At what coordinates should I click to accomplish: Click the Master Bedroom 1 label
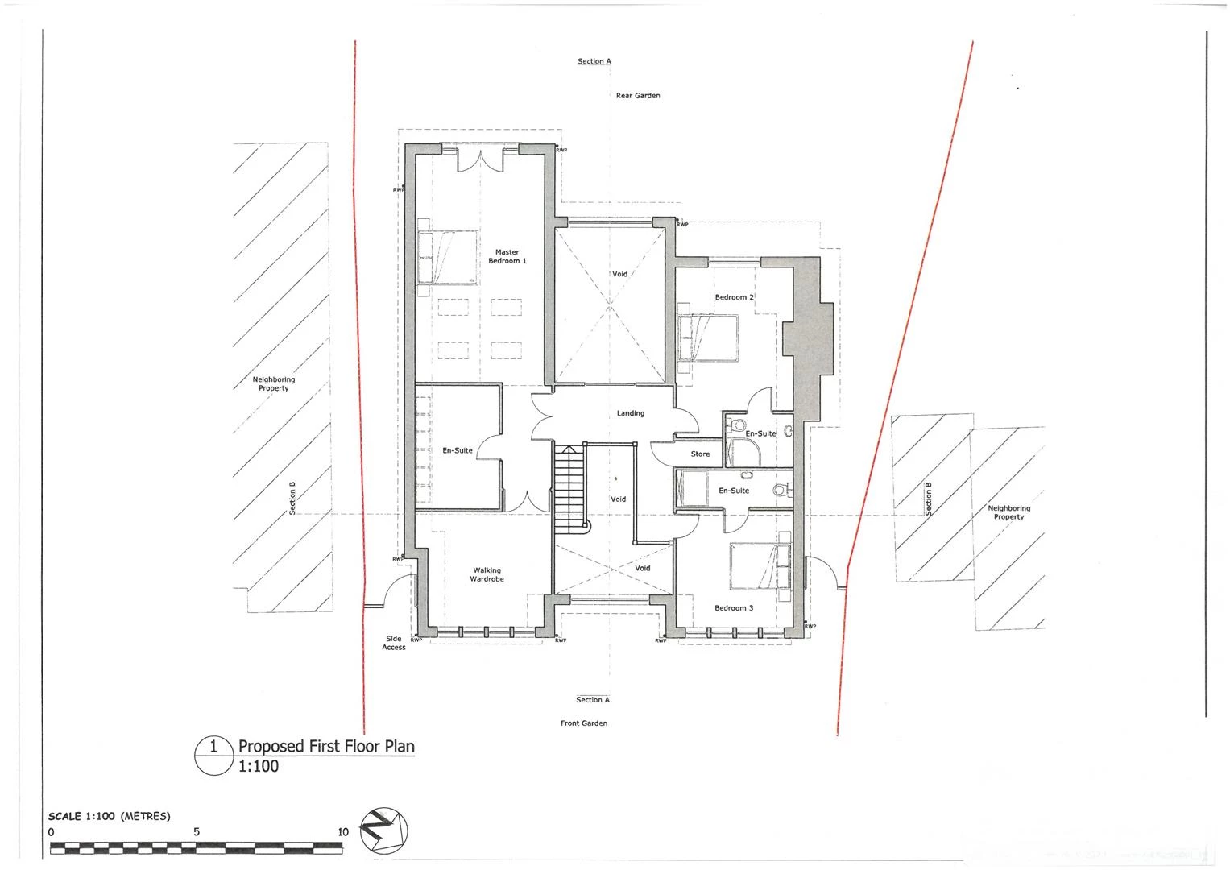coord(507,257)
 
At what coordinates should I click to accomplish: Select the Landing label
coord(631,413)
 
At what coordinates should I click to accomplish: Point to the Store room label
coord(700,454)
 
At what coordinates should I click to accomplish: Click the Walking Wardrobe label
coord(487,575)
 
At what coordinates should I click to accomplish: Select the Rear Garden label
coord(638,96)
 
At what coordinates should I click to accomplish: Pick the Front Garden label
coord(584,723)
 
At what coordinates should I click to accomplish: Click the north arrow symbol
coord(384,830)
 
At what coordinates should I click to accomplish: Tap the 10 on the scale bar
coord(343,832)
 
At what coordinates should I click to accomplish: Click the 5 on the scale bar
coord(197,832)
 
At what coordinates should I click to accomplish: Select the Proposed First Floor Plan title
coord(326,746)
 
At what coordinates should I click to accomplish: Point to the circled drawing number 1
coord(213,747)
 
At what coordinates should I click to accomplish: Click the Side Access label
coord(394,643)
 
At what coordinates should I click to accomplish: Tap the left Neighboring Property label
coord(274,384)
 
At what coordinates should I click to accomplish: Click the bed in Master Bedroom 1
coord(447,256)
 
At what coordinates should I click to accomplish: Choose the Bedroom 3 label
coord(734,608)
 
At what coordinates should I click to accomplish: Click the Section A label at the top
coord(594,61)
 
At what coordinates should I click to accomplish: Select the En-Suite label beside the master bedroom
coord(458,450)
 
